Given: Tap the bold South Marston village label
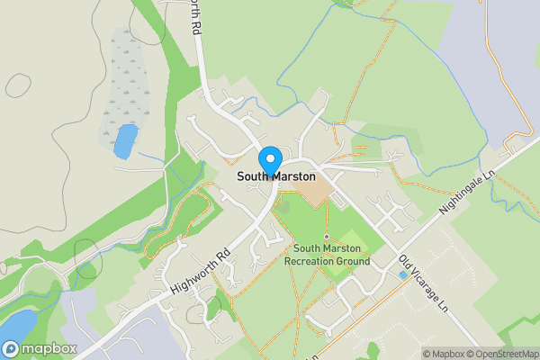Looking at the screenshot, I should click(x=276, y=176).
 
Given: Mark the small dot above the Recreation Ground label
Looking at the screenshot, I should click(x=327, y=236).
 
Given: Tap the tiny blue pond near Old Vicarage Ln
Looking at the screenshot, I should click(x=402, y=274).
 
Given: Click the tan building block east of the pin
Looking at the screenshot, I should click(x=315, y=189).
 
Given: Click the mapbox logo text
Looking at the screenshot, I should click(x=49, y=348).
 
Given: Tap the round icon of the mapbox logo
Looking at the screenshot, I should click(x=12, y=348).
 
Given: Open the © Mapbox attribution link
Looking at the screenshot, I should click(x=446, y=354).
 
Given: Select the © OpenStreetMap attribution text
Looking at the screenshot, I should click(x=504, y=354).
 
